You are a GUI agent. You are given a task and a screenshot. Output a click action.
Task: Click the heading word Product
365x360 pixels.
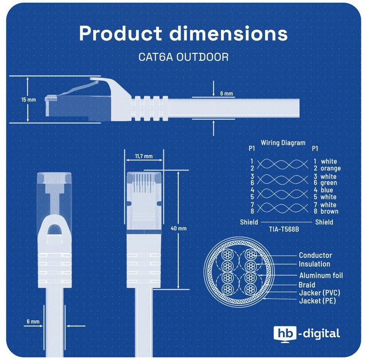120,34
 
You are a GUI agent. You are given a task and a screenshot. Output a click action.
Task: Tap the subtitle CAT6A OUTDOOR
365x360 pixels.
183,57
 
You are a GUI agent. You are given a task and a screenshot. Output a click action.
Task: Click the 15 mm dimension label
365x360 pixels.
29,100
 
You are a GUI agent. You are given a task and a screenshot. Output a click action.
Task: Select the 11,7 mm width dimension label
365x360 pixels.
144,156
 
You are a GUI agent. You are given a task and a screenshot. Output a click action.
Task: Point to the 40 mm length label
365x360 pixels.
179,228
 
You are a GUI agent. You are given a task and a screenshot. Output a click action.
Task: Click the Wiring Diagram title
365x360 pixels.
283,143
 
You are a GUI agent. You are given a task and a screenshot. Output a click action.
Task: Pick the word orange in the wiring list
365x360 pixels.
331,168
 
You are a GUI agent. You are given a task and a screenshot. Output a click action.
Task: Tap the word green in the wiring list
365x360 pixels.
329,183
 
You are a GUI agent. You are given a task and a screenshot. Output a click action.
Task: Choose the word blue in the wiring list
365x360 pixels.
327,190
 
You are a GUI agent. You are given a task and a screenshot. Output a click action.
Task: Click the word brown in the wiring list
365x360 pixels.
330,211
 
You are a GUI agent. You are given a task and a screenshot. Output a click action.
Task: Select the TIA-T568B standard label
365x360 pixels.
284,229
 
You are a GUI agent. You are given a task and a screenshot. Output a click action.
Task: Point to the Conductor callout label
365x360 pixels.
315,255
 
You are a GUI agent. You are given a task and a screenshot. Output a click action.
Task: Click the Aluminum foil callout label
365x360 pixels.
321,276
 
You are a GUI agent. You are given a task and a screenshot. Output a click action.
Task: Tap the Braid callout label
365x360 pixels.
307,285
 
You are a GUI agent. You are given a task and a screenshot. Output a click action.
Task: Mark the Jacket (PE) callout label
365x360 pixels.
318,301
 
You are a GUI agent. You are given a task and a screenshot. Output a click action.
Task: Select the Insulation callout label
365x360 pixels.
314,264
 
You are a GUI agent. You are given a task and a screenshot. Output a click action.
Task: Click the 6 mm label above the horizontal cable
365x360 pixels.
226,94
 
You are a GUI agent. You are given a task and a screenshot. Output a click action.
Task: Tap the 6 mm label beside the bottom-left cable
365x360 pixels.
33,321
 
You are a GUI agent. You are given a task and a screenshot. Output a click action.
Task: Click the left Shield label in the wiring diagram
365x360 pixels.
249,222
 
